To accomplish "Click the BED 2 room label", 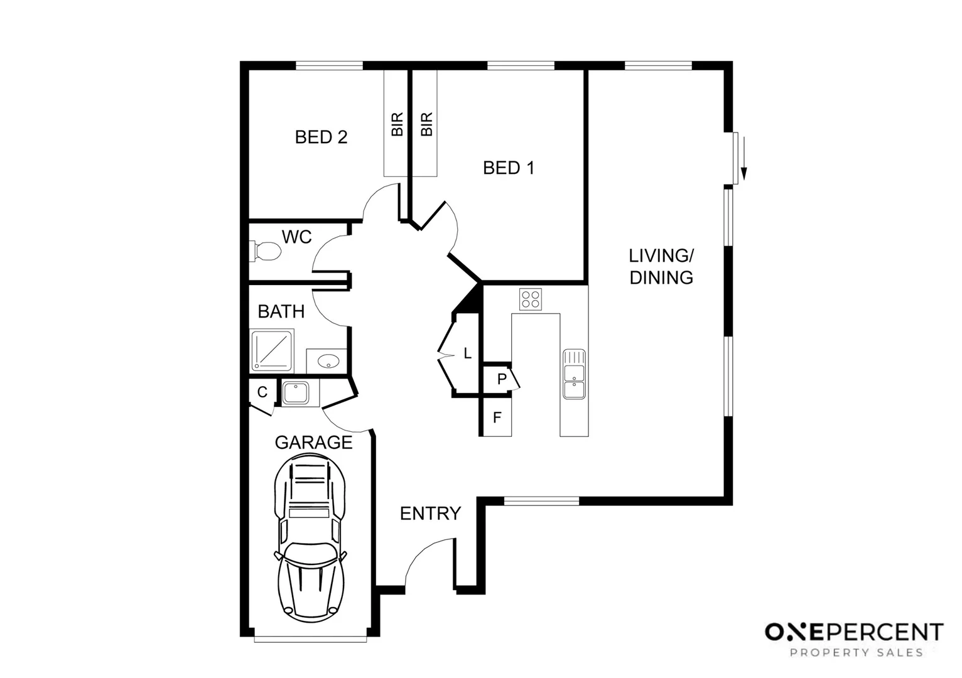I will [x=321, y=137].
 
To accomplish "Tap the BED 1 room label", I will [x=508, y=168].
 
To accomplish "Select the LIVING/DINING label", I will [x=661, y=266].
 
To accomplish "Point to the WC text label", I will [x=296, y=237].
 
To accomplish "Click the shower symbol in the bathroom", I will [x=273, y=350].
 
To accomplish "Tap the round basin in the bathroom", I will [x=328, y=362].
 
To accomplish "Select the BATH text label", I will [x=281, y=311].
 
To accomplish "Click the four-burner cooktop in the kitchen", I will [x=531, y=299].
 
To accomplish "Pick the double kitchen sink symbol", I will [x=574, y=374].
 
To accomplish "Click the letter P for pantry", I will [x=502, y=379].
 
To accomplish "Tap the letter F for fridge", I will [x=497, y=417].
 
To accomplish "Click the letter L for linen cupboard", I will [x=467, y=354].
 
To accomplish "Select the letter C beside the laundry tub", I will [x=262, y=392].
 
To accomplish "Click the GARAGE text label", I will [x=313, y=443].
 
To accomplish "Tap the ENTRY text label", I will [x=430, y=514].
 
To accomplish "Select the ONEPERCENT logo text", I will [x=853, y=632].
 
